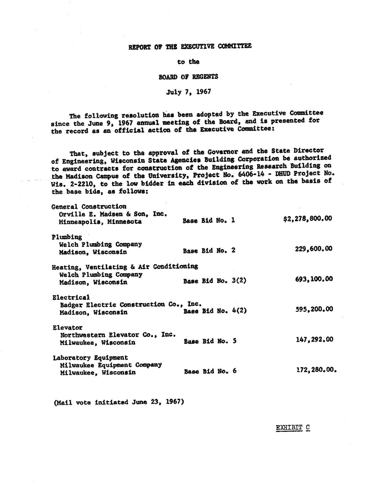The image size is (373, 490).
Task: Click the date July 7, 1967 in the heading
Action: [x=188, y=92]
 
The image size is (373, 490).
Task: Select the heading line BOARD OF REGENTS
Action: [x=188, y=77]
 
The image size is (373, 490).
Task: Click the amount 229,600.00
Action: [x=313, y=249]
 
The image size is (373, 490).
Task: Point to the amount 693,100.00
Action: [x=314, y=279]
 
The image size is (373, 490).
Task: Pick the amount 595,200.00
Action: [x=314, y=309]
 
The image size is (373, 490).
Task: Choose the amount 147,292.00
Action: [x=314, y=339]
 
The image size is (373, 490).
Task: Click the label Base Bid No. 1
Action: [x=209, y=220]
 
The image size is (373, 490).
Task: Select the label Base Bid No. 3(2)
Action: [x=215, y=281]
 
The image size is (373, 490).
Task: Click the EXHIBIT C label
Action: [x=293, y=428]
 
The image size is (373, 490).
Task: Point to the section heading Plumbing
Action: [x=67, y=237]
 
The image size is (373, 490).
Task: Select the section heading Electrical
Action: [x=71, y=297]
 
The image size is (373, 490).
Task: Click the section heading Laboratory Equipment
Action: [x=90, y=358]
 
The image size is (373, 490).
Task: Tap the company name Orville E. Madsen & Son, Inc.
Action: [x=113, y=214]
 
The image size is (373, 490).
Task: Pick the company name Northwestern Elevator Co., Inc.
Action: [x=118, y=335]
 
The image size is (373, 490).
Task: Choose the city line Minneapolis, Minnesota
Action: [x=100, y=222]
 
